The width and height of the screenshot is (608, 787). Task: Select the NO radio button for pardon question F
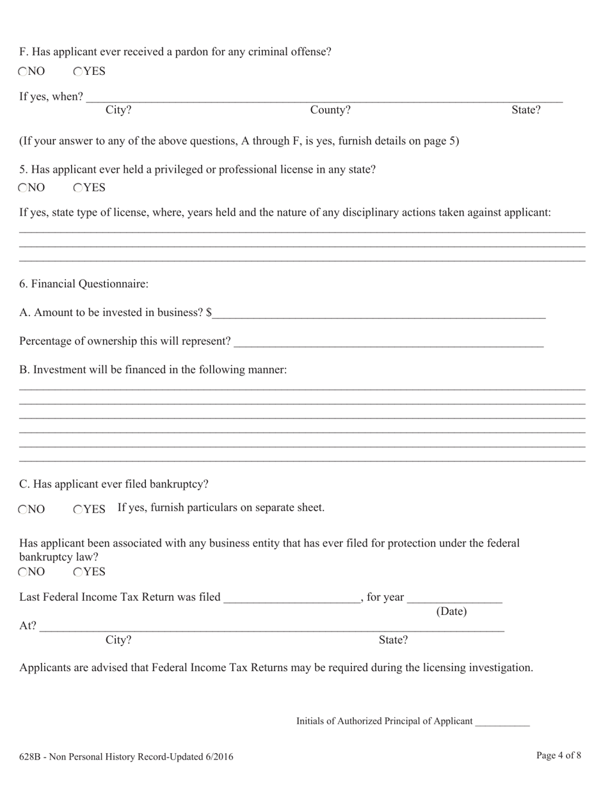23,72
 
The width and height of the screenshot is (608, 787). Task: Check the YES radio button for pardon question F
78,72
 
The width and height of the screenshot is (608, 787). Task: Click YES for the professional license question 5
78,187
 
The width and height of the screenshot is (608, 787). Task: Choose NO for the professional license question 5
23,187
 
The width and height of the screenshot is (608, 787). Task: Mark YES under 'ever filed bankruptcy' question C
78,509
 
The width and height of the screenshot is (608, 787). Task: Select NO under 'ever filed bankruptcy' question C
23,509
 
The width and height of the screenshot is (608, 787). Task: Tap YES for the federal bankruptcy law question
78,571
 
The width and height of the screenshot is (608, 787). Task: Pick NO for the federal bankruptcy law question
23,571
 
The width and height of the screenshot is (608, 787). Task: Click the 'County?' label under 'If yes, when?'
330,110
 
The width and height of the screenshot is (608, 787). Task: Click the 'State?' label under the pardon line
526,110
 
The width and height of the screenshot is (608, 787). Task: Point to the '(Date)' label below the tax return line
451,612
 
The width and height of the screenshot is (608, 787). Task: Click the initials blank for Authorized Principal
502,721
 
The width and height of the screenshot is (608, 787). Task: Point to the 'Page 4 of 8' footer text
559,756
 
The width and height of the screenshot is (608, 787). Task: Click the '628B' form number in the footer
31,757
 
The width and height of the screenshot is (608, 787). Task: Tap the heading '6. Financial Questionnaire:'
84,283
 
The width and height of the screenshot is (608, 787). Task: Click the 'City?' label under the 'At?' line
118,640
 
